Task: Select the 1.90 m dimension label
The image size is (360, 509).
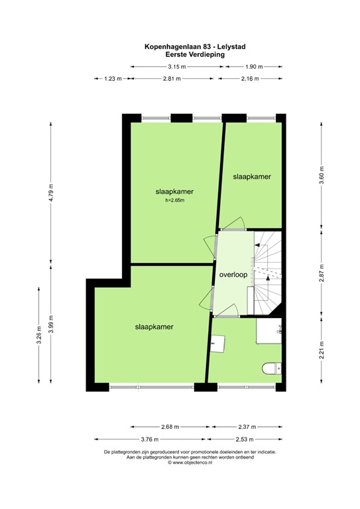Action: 254,67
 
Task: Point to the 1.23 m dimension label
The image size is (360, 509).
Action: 113,79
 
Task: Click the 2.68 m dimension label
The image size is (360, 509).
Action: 169,427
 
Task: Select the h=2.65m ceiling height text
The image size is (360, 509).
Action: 175,200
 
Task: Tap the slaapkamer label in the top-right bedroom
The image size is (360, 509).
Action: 252,176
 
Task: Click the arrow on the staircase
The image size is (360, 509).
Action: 267,281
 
